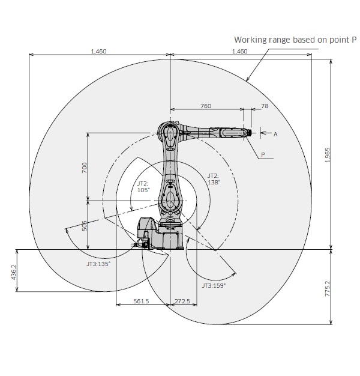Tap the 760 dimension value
click(206, 106)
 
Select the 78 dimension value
click(264, 106)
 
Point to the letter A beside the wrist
click(275, 135)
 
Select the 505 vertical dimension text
click(85, 225)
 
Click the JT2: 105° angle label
click(143, 186)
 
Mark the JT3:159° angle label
click(214, 285)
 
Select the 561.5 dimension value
click(141, 302)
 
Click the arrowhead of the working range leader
click(247, 80)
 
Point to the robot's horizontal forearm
click(210, 132)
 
